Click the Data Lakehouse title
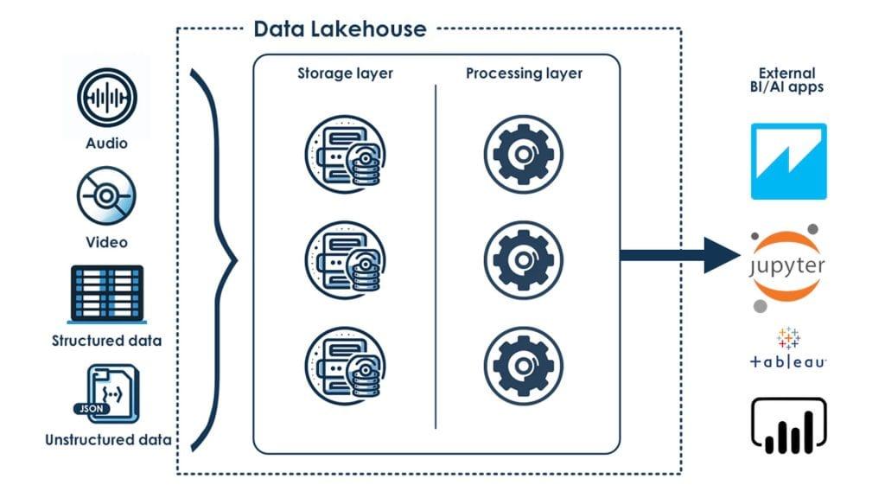[340, 29]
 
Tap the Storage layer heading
[345, 73]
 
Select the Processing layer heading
[524, 73]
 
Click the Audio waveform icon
[106, 101]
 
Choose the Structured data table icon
[106, 297]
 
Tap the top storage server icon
[345, 156]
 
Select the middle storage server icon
[345, 257]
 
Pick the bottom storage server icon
[345, 359]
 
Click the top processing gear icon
[523, 156]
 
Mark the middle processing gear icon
[523, 257]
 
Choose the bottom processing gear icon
[523, 359]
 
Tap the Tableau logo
[787, 349]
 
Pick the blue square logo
[788, 162]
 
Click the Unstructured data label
[107, 439]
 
